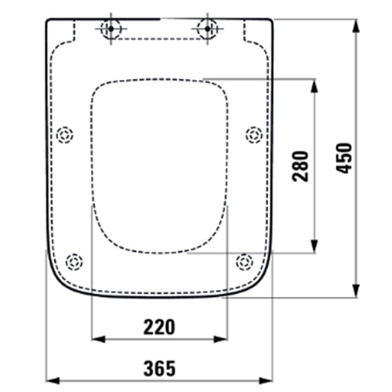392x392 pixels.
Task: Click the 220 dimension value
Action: pyautogui.click(x=159, y=325)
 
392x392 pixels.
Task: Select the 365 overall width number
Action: pyautogui.click(x=159, y=367)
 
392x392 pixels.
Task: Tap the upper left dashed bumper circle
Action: pyautogui.click(x=65, y=135)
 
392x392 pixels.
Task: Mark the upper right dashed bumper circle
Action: pyautogui.click(x=252, y=135)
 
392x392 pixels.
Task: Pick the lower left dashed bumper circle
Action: pyautogui.click(x=74, y=261)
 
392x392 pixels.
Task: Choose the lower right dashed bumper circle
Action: pyautogui.click(x=243, y=261)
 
